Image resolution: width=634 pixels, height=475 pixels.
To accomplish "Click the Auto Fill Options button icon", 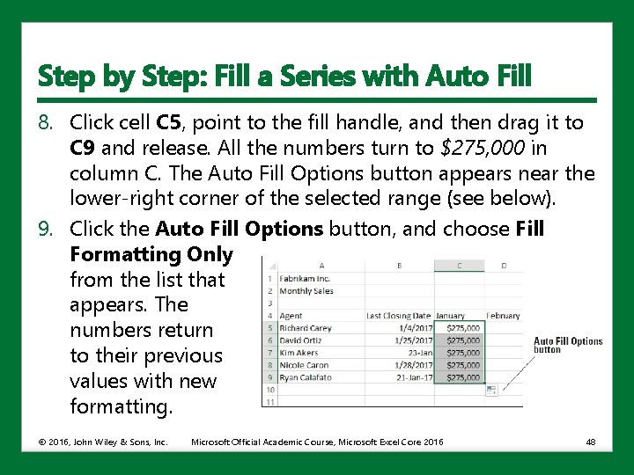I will click(490, 389).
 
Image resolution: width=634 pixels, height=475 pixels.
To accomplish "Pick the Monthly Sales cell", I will click(306, 290).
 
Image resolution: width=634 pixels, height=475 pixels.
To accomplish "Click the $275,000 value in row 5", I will click(463, 327).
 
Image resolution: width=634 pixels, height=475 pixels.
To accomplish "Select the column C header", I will click(460, 265).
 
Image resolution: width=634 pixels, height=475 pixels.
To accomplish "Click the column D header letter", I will click(503, 265).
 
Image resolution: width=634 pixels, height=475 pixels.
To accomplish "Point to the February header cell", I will click(503, 315).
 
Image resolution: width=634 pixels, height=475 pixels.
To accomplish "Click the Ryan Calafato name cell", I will click(306, 377).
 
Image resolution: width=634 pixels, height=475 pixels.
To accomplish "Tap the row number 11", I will click(269, 402).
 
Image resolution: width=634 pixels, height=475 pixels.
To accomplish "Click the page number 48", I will click(590, 442).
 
